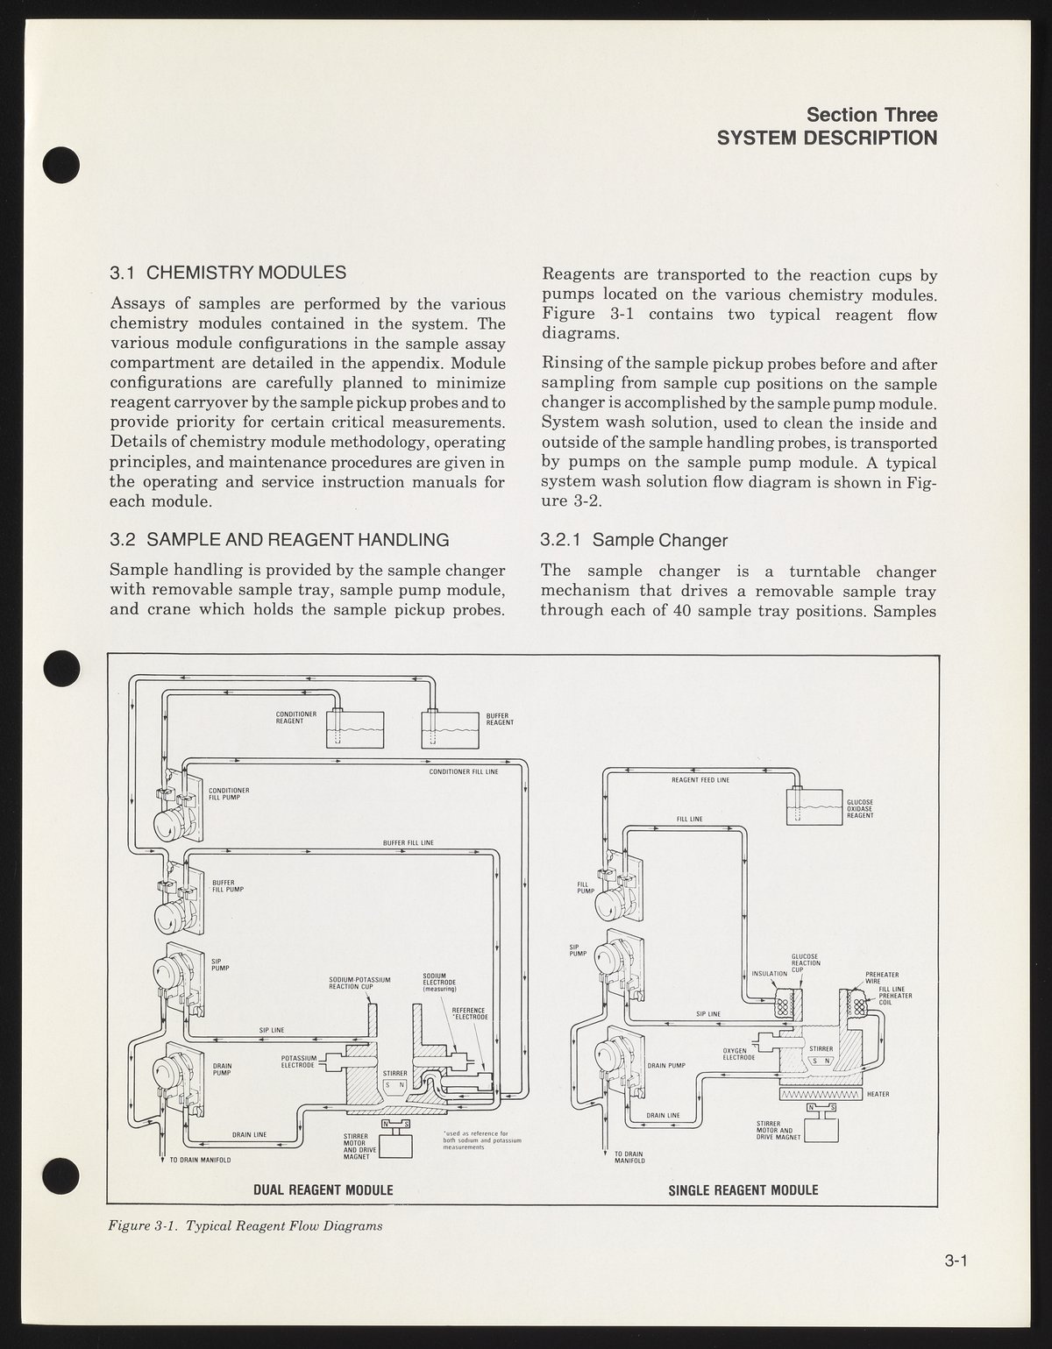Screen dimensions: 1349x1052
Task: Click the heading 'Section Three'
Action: [x=871, y=115]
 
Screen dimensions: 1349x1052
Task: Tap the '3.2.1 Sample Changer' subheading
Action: [x=634, y=540]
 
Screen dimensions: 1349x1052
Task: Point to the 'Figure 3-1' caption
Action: [x=245, y=1225]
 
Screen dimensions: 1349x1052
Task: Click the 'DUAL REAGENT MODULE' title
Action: [x=323, y=1189]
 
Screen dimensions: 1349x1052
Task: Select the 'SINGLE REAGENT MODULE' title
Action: [x=743, y=1189]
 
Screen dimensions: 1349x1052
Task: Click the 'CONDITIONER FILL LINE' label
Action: [x=464, y=772]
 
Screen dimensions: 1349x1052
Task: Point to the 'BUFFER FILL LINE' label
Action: [x=409, y=842]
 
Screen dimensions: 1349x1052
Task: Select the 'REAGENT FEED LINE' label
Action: [x=700, y=779]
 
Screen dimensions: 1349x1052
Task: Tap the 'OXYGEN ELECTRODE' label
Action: [x=739, y=1054]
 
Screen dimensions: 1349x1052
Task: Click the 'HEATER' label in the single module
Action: [x=878, y=1095]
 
